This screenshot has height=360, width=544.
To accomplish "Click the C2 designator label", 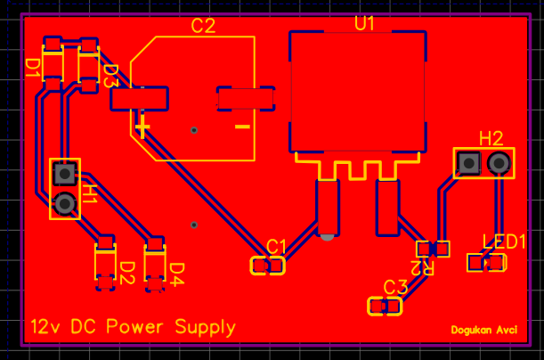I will [204, 26].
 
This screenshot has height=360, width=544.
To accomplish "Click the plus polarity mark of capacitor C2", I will [143, 127].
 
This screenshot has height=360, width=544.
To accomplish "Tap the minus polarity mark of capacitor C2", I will [241, 127].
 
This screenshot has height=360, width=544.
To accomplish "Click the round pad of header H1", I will [64, 205].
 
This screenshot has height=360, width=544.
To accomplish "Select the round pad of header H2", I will [499, 163].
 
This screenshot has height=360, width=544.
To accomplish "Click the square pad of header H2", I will [468, 163].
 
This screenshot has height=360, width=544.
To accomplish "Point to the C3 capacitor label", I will [395, 287].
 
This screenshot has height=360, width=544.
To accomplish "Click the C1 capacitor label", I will [277, 245].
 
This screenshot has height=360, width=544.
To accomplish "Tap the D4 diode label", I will [176, 271].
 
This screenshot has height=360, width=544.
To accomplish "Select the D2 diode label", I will [126, 271].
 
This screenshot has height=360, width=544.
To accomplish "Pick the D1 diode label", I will [32, 69].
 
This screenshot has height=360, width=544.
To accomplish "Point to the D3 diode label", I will [110, 76].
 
